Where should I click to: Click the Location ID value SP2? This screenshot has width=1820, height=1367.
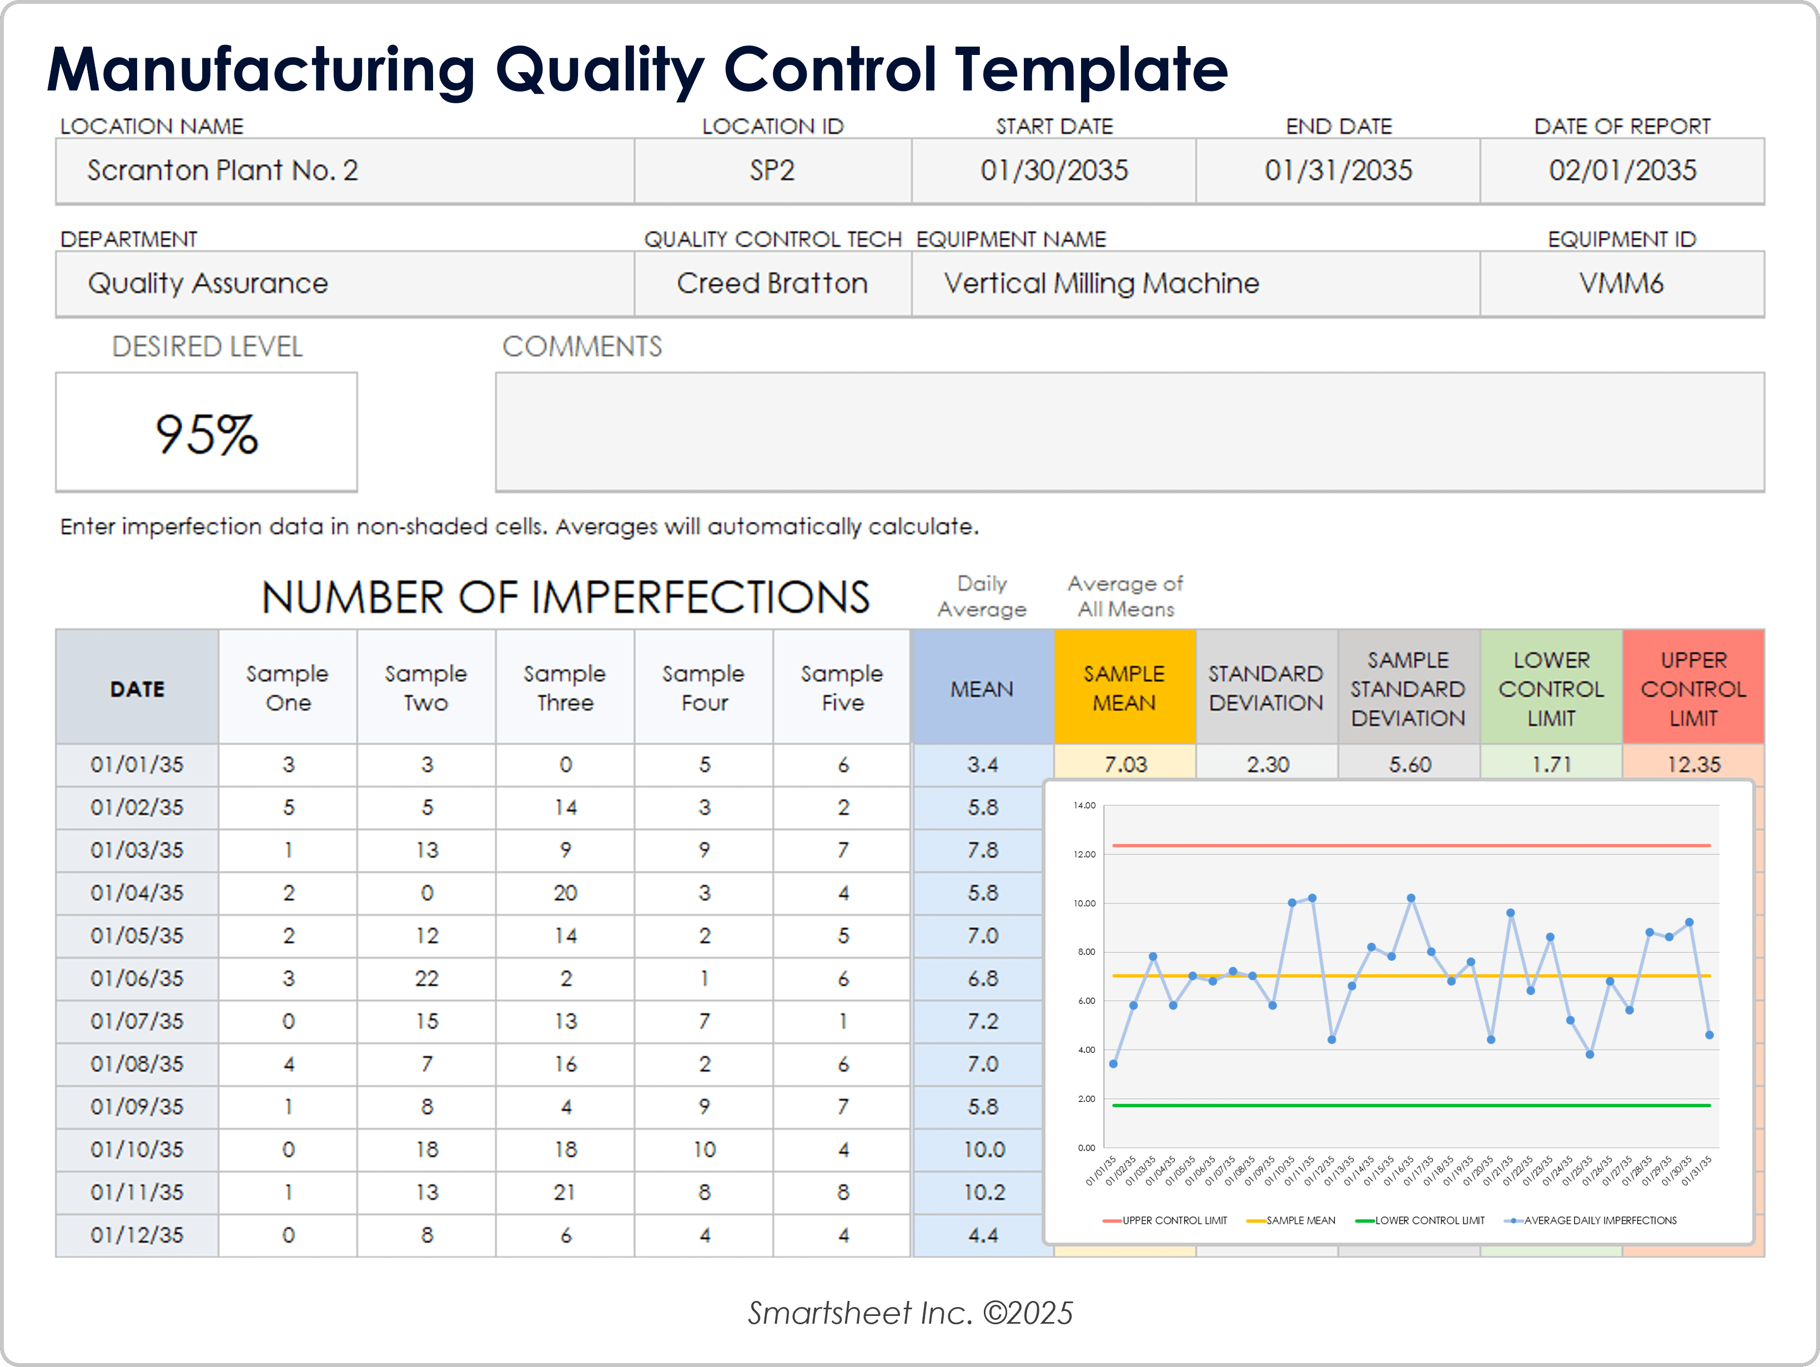click(772, 170)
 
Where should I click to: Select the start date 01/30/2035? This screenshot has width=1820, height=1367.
click(1054, 170)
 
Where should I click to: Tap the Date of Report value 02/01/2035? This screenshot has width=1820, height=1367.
click(1622, 170)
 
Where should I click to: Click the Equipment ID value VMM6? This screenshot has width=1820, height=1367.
click(1621, 283)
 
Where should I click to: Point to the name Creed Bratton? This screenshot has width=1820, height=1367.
click(772, 283)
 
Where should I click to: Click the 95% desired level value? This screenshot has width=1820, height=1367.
click(207, 433)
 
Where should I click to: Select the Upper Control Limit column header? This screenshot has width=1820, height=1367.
click(1693, 688)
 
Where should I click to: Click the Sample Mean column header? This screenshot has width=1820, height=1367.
click(1124, 688)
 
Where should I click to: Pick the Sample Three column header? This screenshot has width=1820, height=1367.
click(565, 688)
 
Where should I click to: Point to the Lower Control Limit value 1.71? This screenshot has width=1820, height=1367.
click(1551, 764)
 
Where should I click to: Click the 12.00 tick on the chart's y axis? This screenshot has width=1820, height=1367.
click(1084, 855)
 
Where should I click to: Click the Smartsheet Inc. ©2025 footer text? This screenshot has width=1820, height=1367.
click(910, 1313)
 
